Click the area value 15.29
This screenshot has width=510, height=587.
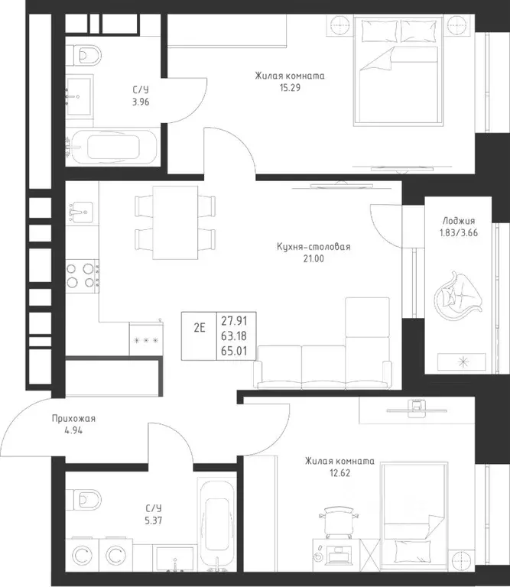click(x=290, y=88)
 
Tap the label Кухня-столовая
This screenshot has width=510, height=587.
click(x=313, y=247)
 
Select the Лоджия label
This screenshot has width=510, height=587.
click(x=459, y=221)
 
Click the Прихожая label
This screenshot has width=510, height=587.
click(x=73, y=419)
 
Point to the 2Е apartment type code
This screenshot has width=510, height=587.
click(x=200, y=328)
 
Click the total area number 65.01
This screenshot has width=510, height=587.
click(x=234, y=351)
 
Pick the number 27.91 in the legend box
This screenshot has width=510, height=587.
click(x=234, y=321)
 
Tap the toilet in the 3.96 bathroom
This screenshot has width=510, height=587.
click(x=84, y=55)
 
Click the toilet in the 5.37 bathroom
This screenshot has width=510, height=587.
click(x=84, y=499)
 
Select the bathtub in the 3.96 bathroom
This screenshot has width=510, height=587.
click(x=112, y=147)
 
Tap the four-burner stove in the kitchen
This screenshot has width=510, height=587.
click(x=83, y=275)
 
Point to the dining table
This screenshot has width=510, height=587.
click(x=175, y=222)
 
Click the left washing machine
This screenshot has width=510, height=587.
click(x=82, y=556)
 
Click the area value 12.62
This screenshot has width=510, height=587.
click(x=340, y=473)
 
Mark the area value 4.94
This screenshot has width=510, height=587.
click(x=73, y=430)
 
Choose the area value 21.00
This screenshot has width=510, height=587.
click(x=313, y=258)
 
